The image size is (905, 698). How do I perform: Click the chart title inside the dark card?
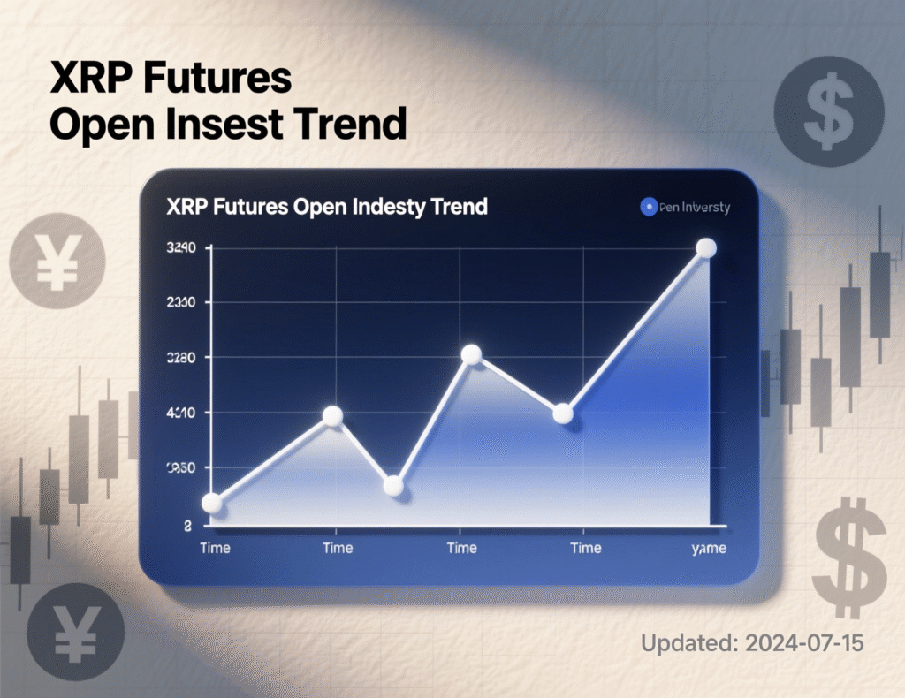coord(326,208)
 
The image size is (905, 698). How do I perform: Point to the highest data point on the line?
coord(706,248)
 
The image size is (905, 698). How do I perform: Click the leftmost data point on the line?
coord(211,503)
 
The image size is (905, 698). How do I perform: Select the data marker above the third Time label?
coord(471,354)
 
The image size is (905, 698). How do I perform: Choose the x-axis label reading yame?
coord(707,549)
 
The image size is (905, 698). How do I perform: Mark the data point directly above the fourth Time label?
coord(563,413)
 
